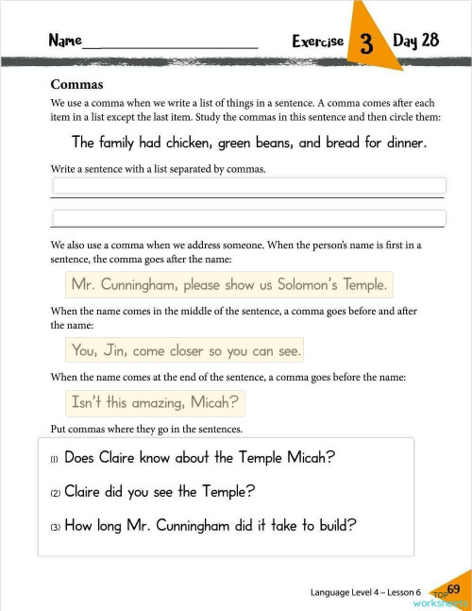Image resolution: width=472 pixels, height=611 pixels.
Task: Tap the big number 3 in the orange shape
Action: (x=366, y=44)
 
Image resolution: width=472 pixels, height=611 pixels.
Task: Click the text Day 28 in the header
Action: (x=416, y=41)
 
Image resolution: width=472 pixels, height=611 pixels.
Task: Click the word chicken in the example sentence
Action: (x=187, y=144)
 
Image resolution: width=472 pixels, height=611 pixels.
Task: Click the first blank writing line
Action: (x=248, y=186)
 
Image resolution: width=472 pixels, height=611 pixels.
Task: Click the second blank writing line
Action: (x=248, y=218)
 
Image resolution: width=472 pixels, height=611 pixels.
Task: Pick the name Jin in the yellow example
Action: (x=113, y=350)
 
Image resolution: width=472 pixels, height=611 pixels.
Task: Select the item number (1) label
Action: (x=55, y=460)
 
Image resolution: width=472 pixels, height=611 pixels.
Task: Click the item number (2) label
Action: (x=55, y=493)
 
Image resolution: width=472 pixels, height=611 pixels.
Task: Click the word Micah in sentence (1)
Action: (x=313, y=458)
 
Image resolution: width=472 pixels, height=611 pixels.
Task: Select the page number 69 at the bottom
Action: (x=453, y=589)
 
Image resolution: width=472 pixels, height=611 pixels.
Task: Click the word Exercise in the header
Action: (x=317, y=42)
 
